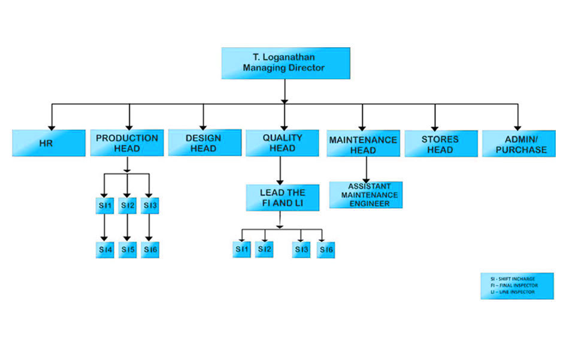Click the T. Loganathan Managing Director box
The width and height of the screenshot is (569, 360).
(x=285, y=63)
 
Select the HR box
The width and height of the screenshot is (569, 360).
(x=49, y=144)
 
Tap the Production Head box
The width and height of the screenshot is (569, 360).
(x=127, y=143)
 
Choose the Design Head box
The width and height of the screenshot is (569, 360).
(x=204, y=143)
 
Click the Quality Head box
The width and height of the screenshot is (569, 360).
(x=282, y=143)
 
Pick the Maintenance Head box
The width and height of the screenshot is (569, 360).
(x=363, y=144)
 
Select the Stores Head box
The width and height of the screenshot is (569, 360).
(x=441, y=144)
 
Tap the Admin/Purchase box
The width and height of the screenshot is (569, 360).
(x=520, y=144)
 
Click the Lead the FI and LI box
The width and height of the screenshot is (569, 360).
(x=282, y=198)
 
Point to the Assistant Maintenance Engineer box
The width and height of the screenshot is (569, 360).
(x=365, y=195)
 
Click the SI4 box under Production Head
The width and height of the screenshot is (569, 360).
(x=105, y=249)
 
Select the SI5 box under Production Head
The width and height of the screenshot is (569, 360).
(x=127, y=249)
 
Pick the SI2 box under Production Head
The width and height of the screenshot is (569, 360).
(x=127, y=206)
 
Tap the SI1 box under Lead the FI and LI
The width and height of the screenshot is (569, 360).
(x=242, y=249)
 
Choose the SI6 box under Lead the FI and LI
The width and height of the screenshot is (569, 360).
(x=326, y=249)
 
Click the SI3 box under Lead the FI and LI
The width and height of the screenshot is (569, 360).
(x=301, y=249)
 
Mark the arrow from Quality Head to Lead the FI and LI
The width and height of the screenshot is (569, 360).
(x=280, y=171)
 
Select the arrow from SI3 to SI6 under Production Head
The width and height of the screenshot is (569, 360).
(x=150, y=228)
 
